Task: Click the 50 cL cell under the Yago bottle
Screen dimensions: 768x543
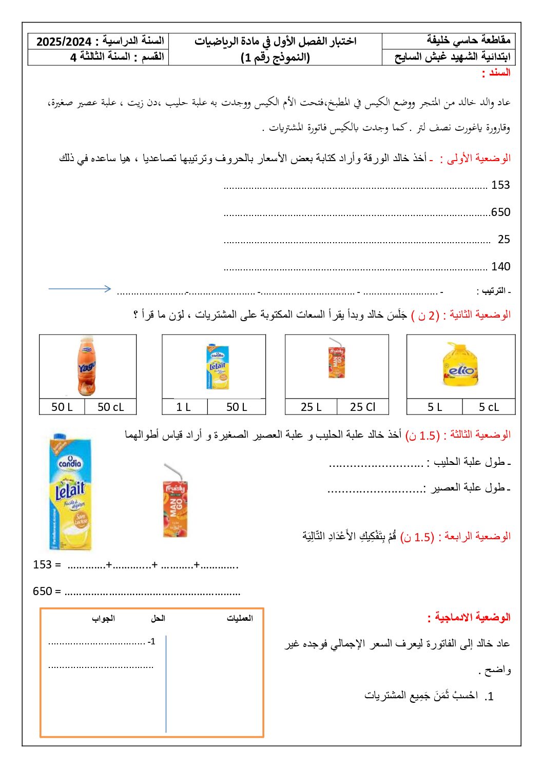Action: [110, 407]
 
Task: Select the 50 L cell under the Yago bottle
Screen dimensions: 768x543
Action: [62, 407]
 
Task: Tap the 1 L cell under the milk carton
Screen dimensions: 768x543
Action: [184, 407]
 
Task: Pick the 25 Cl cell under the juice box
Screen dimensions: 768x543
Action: [362, 407]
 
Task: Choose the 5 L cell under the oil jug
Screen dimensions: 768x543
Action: [434, 407]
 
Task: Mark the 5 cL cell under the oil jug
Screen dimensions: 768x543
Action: [489, 407]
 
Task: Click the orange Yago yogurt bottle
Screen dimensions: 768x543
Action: [87, 366]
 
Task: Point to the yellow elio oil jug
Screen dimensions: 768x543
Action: [461, 365]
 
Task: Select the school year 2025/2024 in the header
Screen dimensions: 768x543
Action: [64, 42]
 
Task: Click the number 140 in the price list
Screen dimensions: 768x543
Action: [500, 266]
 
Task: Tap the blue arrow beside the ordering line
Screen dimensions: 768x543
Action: [80, 288]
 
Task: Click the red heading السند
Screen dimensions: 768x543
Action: [496, 73]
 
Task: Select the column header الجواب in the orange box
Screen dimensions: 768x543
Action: [103, 618]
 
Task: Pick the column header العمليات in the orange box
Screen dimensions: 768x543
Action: [240, 618]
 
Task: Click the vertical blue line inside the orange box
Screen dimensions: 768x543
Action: [166, 682]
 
